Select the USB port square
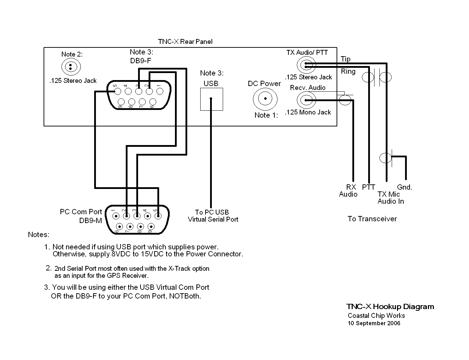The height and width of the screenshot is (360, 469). tap(211, 99)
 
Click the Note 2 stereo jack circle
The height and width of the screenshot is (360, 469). tap(71, 66)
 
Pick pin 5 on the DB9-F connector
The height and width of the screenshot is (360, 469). tap(118, 92)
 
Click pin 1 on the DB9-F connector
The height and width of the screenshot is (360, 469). tap(160, 92)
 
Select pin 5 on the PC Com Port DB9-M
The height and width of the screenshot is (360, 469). tap(158, 216)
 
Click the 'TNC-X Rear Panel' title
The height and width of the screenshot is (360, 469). tap(185, 42)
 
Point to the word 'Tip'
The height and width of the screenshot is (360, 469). tap(346, 59)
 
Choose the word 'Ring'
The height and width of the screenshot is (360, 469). tap(348, 71)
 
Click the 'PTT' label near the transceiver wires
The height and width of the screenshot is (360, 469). tap(369, 187)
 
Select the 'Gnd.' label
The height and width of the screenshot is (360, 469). tap(404, 187)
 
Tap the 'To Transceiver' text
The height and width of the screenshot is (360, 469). tap(372, 219)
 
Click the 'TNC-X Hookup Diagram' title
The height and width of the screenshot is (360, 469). tap(390, 307)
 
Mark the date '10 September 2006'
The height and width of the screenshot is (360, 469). tap(374, 323)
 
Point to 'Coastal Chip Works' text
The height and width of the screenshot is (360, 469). tap(376, 316)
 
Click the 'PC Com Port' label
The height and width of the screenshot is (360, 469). tap(81, 212)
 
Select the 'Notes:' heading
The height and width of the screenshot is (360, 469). tap(39, 235)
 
